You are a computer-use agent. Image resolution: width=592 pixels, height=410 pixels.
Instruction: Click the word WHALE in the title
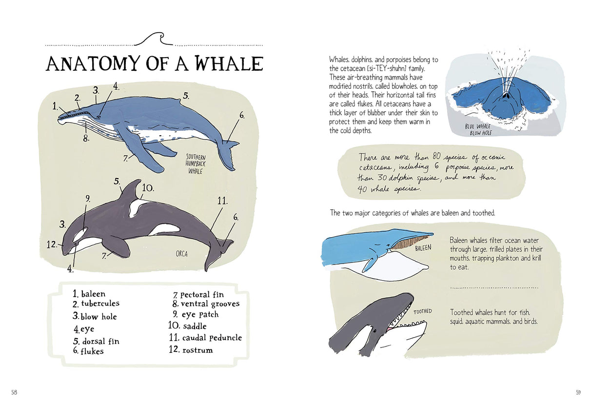pyautogui.click(x=229, y=63)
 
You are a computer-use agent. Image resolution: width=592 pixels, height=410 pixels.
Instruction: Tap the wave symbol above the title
pyautogui.click(x=154, y=39)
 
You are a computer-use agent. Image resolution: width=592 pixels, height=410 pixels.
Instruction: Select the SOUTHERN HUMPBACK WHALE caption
pyautogui.click(x=196, y=164)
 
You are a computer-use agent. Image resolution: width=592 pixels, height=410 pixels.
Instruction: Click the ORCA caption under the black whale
pyautogui.click(x=181, y=254)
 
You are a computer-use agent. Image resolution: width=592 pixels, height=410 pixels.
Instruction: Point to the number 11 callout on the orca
pyautogui.click(x=222, y=201)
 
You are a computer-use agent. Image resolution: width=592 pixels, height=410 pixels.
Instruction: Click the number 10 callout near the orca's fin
pyautogui.click(x=148, y=188)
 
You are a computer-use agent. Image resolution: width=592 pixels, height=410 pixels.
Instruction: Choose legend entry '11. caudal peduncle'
pyautogui.click(x=205, y=338)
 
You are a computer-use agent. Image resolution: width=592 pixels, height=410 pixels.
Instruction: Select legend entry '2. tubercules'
pyautogui.click(x=96, y=304)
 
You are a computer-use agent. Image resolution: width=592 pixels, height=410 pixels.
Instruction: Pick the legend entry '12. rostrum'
pyautogui.click(x=191, y=350)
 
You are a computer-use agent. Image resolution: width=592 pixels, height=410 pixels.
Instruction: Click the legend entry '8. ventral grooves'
pyautogui.click(x=206, y=304)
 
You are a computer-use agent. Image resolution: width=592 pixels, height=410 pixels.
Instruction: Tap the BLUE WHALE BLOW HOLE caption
pyautogui.click(x=477, y=129)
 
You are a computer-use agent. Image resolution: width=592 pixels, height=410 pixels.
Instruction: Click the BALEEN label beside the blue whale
pyautogui.click(x=423, y=248)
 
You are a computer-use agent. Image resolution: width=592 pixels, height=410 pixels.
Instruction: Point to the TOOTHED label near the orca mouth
pyautogui.click(x=422, y=311)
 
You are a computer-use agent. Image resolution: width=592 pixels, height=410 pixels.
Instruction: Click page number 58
pyautogui.click(x=14, y=392)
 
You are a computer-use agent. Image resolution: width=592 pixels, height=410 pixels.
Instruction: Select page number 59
pyautogui.click(x=578, y=392)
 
